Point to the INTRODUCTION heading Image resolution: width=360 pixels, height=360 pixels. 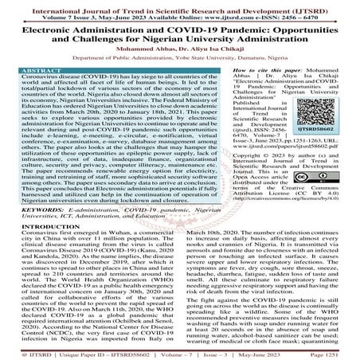point(36,226)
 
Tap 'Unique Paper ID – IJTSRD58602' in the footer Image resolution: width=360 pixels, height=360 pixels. point(90,351)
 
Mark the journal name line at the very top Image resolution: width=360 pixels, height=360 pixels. point(180,6)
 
